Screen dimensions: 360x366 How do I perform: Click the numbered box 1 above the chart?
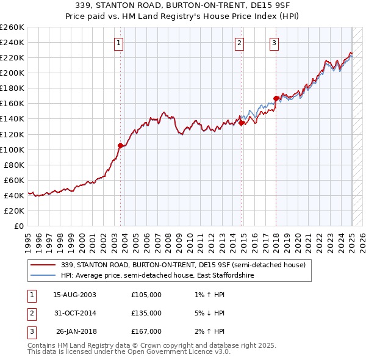118,43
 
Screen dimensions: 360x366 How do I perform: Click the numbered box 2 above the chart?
240,43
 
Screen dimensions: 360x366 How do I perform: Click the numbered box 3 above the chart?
274,43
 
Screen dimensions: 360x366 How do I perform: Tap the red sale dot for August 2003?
120,145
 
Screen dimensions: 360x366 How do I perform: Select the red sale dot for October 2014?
242,122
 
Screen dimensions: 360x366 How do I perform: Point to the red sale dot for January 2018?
276,98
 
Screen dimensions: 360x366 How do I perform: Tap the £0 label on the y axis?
19,226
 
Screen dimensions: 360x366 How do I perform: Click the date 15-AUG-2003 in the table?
75,295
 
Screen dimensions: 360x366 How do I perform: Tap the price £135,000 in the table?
146,313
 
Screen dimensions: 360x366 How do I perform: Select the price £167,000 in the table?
146,331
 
